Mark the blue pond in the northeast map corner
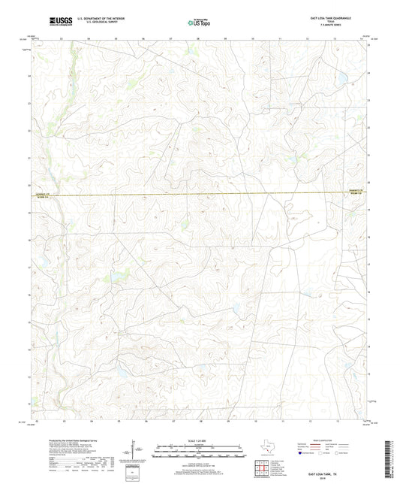(x=341, y=77)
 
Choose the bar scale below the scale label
(x=199, y=453)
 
